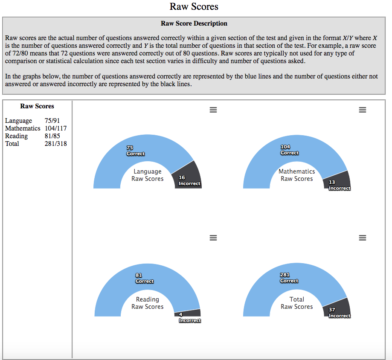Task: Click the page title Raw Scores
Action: [194, 6]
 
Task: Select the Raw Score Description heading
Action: [194, 23]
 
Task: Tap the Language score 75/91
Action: [52, 121]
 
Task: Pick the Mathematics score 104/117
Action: [55, 128]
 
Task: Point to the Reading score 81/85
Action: [52, 136]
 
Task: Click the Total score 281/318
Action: [55, 144]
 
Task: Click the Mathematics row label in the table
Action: [23, 128]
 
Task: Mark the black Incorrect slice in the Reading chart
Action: [188, 313]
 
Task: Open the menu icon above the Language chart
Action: [213, 110]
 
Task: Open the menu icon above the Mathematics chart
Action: [363, 110]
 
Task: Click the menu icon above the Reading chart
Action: [213, 238]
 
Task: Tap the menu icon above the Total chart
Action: [363, 238]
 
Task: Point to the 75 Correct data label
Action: [135, 151]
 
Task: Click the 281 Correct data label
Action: [289, 278]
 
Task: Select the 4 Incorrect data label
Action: [189, 318]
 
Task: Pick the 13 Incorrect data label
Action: [339, 186]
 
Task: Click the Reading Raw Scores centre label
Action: [147, 303]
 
